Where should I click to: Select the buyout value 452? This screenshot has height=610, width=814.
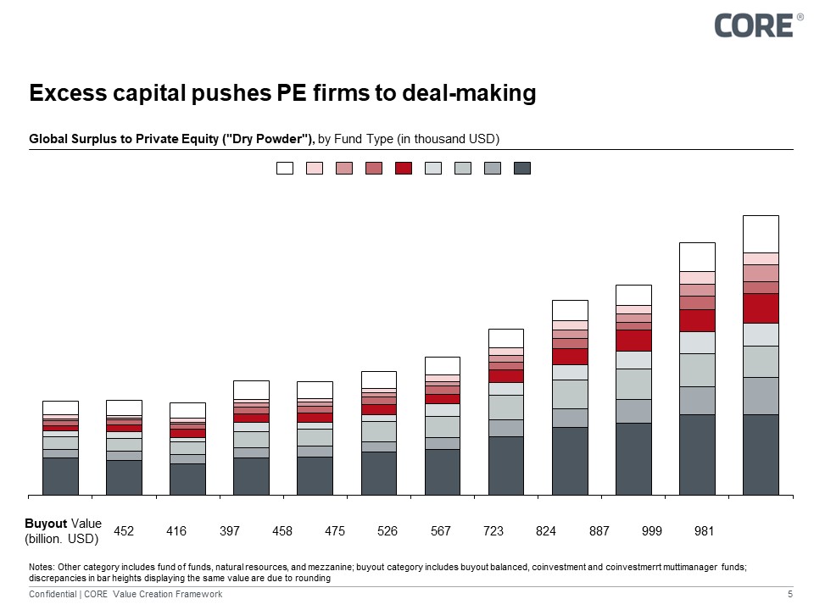[x=124, y=531]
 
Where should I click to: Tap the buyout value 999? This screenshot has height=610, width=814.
[x=652, y=531]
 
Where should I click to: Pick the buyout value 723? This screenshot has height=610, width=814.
[x=493, y=531]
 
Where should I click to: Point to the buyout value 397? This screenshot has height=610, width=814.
[x=230, y=531]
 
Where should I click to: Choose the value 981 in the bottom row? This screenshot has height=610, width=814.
[x=704, y=531]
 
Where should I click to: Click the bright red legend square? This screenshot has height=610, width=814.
[x=404, y=168]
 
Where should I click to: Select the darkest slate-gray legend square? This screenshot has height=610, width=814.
[x=522, y=168]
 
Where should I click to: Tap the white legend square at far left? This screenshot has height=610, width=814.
[x=285, y=168]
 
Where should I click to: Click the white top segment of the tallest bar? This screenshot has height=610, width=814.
[x=761, y=234]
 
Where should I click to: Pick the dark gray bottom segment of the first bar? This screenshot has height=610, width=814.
[x=60, y=475]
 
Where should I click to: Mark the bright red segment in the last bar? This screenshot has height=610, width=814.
[x=761, y=308]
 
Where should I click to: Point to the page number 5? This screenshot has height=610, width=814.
[x=790, y=595]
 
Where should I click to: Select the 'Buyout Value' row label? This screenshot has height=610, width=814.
[x=63, y=531]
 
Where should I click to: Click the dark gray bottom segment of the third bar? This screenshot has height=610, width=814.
[x=187, y=479]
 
